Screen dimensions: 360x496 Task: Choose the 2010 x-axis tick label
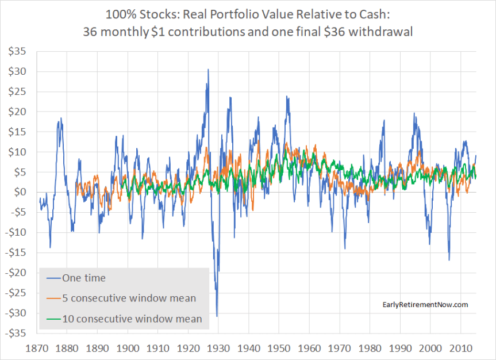(x=459, y=348)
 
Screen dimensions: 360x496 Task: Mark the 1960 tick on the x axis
(x=309, y=348)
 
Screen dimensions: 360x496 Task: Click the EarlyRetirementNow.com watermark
(x=425, y=304)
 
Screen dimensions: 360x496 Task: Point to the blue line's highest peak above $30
(x=208, y=70)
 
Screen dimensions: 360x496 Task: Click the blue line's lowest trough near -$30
(x=217, y=316)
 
